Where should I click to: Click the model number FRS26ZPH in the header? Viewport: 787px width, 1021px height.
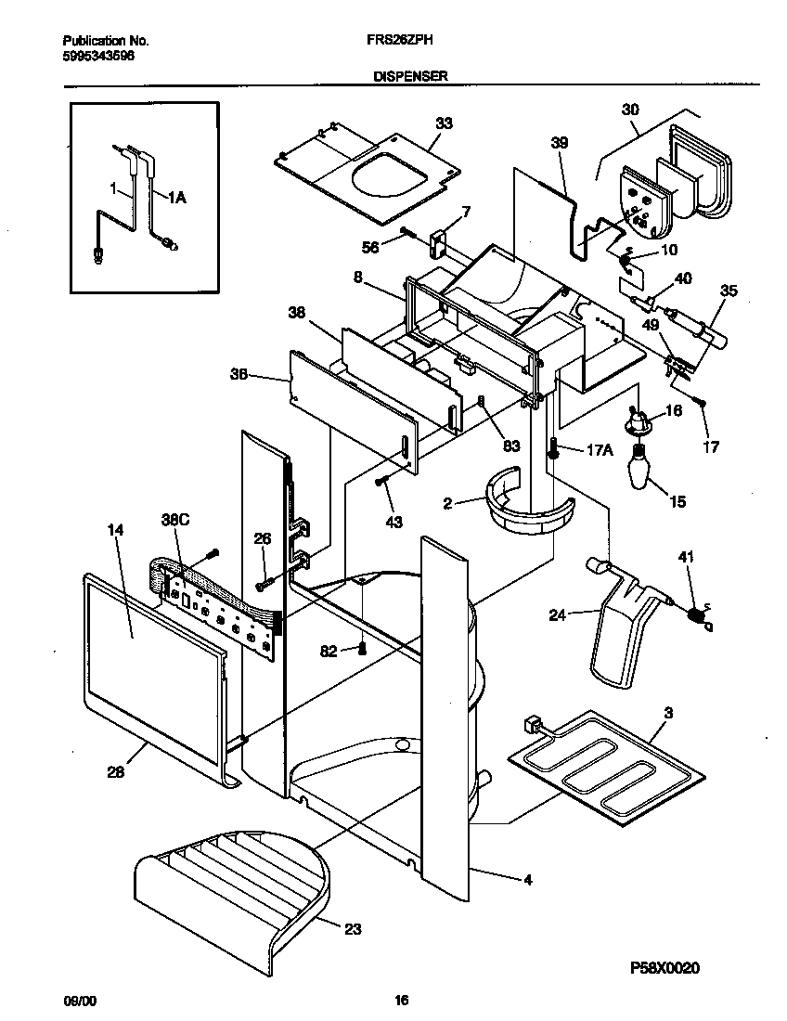pos(393,41)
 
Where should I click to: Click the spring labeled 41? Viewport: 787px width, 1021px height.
pos(696,614)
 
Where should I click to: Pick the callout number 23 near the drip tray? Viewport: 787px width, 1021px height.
pos(352,927)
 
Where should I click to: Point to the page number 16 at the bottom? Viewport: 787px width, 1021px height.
pos(401,1001)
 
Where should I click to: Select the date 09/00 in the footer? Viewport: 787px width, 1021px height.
pos(78,1001)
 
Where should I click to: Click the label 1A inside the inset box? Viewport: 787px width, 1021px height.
pos(176,197)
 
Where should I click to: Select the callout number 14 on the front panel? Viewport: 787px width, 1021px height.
pos(115,530)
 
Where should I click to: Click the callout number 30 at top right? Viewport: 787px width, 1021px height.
pos(630,109)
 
